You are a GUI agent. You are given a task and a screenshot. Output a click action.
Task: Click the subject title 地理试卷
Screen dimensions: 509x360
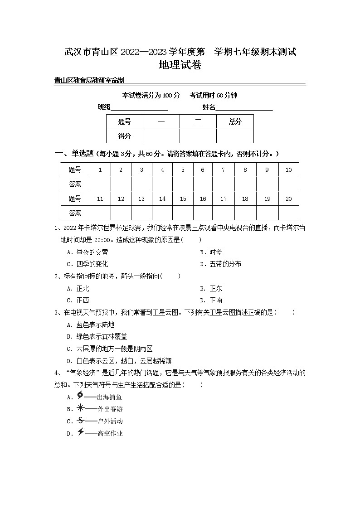180,65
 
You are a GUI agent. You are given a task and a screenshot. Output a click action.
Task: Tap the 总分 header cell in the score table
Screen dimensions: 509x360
235,121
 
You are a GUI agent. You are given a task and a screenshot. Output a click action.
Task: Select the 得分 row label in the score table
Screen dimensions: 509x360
124,136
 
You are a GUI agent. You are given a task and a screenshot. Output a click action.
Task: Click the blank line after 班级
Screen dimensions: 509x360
139,108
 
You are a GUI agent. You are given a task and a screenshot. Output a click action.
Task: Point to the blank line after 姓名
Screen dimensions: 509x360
244,108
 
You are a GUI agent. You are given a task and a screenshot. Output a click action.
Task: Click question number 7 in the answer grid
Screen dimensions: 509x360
223,170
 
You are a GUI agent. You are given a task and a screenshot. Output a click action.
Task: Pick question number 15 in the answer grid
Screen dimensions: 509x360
183,199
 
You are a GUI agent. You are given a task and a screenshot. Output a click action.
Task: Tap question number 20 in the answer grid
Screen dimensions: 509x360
288,199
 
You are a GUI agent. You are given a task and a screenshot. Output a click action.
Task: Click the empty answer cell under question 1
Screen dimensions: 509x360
100,184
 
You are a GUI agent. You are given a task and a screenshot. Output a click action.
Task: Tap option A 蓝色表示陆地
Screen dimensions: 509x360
91,325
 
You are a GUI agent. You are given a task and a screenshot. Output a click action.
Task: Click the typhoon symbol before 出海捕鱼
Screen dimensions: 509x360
80,395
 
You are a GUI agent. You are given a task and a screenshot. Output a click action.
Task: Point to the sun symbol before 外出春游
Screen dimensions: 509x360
80,407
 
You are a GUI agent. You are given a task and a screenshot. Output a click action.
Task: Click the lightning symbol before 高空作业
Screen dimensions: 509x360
80,432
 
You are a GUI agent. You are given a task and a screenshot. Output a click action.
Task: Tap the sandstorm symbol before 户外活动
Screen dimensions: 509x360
80,420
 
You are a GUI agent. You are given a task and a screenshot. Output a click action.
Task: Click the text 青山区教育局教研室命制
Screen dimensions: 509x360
89,81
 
